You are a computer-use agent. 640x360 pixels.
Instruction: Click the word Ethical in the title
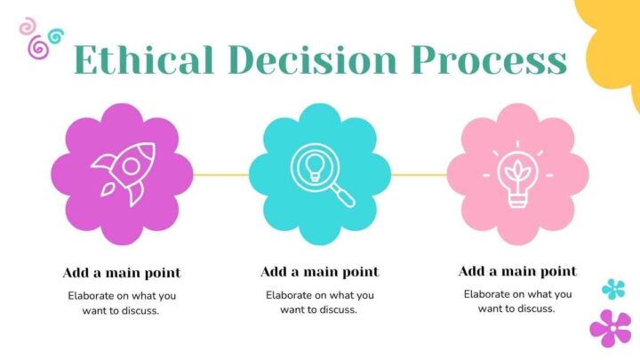click(x=144, y=60)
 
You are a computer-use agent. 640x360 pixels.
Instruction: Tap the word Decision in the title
click(x=313, y=60)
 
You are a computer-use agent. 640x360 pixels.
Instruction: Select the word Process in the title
click(x=490, y=60)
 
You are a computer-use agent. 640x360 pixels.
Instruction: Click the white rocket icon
click(x=124, y=174)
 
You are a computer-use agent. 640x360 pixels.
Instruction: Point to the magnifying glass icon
click(x=323, y=175)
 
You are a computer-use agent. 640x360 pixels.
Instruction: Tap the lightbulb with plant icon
click(x=517, y=174)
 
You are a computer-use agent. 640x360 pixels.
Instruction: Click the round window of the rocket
click(x=131, y=166)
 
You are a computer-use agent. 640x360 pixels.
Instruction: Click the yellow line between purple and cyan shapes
click(x=220, y=175)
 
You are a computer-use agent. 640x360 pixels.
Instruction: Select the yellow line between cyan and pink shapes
click(x=420, y=175)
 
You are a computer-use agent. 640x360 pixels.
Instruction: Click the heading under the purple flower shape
click(x=122, y=273)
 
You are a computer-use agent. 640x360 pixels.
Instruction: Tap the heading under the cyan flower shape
click(x=320, y=272)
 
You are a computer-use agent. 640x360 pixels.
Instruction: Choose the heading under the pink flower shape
click(x=517, y=271)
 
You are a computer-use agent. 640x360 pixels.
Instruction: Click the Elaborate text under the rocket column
click(x=121, y=303)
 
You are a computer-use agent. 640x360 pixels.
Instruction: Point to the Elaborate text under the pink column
click(x=517, y=301)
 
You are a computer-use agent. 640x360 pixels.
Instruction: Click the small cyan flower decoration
click(x=613, y=289)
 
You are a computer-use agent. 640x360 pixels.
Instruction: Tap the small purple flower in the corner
click(x=611, y=328)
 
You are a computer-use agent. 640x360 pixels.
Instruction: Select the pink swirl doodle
click(x=28, y=26)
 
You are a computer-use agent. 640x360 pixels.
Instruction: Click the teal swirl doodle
click(x=55, y=36)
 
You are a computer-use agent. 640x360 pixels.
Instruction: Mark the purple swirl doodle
click(x=38, y=47)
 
